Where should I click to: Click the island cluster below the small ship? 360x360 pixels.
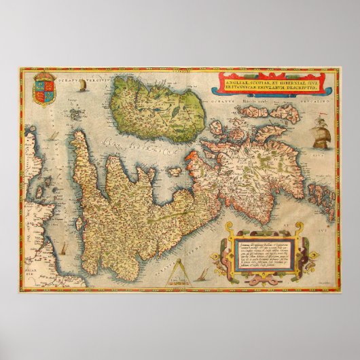tap(83, 102)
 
